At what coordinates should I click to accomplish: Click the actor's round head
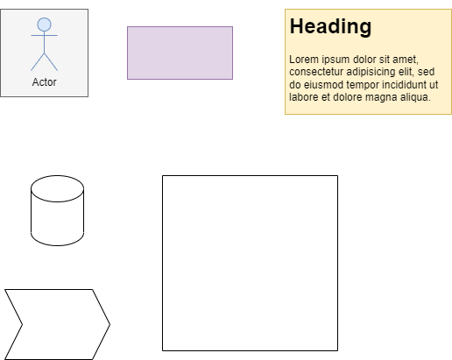[44, 25]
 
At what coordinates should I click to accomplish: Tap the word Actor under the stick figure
[44, 82]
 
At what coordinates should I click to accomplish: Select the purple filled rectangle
[180, 53]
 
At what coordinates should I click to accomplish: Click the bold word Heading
[330, 26]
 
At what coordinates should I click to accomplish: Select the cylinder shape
[57, 210]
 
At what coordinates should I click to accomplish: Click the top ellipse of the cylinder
[57, 188]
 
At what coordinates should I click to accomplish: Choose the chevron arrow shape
[57, 324]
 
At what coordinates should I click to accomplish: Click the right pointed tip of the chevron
[110, 324]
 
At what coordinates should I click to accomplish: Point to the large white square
[250, 263]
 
